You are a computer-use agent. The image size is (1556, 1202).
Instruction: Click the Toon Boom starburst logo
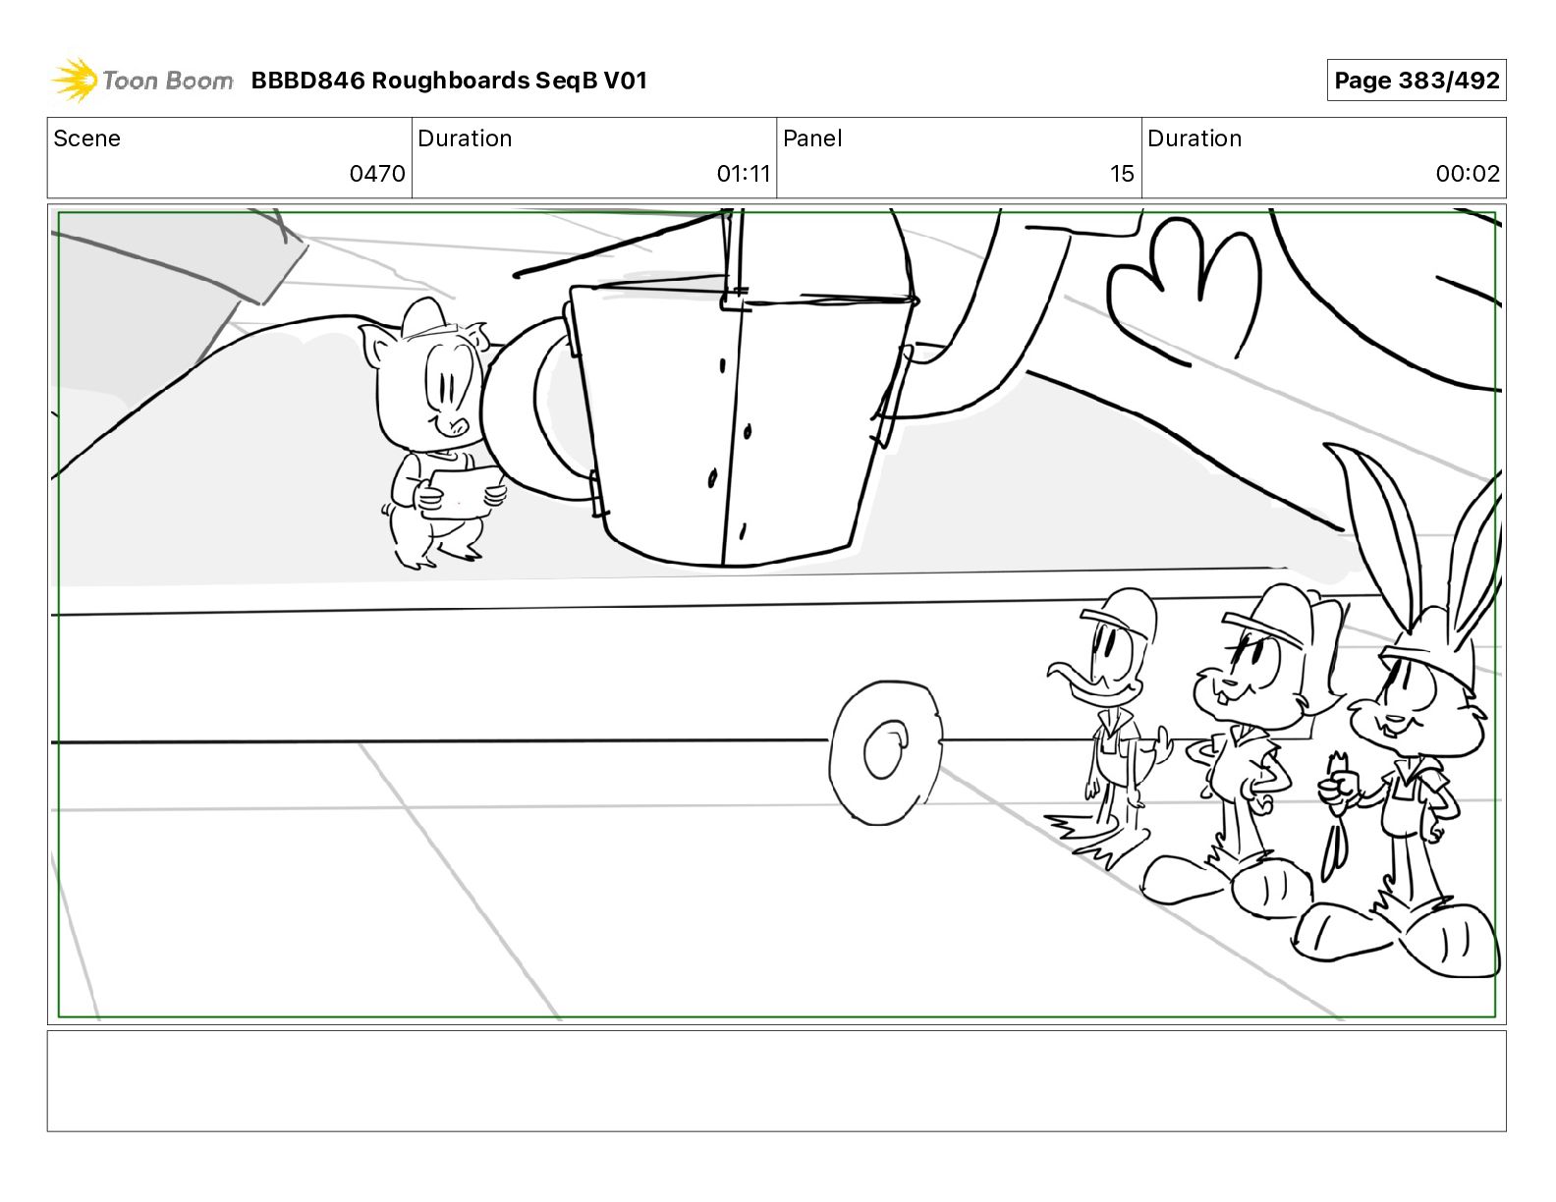click(x=75, y=80)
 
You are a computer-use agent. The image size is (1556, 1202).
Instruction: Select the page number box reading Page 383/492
click(x=1416, y=81)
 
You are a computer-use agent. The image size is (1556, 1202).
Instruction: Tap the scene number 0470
click(x=376, y=173)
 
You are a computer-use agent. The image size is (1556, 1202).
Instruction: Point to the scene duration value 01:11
click(x=744, y=173)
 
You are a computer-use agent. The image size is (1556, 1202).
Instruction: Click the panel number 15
click(x=1122, y=173)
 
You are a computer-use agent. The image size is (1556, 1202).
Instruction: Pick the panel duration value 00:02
click(x=1468, y=173)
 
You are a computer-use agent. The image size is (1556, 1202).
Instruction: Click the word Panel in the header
click(x=812, y=138)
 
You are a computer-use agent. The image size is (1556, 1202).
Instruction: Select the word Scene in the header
click(x=86, y=138)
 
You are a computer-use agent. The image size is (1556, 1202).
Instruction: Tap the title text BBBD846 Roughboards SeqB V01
click(x=449, y=81)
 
